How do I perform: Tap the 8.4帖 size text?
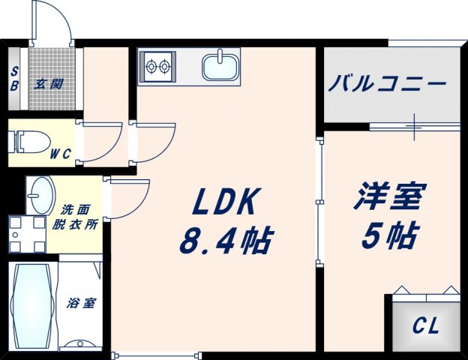coord(225,241)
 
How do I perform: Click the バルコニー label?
coord(387,82)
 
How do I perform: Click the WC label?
coord(61,154)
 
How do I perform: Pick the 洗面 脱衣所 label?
coord(79,217)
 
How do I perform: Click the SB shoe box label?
coord(15,78)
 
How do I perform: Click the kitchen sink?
coord(220,67)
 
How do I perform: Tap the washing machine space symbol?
coord(27,234)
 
